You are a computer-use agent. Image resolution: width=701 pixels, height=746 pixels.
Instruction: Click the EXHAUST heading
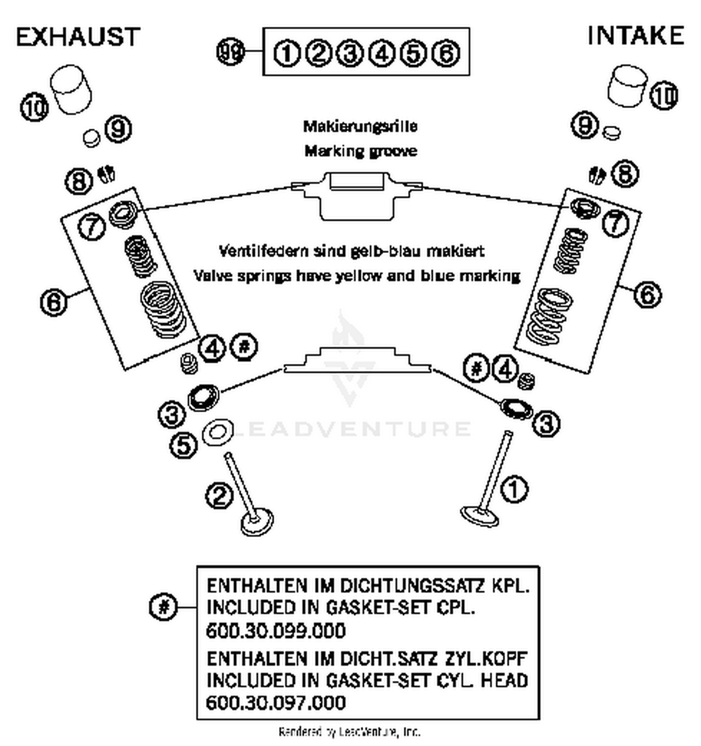[x=78, y=37]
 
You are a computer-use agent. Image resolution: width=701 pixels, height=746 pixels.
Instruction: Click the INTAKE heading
[x=635, y=36]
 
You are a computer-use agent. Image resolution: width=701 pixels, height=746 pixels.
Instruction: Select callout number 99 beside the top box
[x=230, y=51]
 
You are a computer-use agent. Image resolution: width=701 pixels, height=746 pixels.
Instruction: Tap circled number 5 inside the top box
[x=413, y=53]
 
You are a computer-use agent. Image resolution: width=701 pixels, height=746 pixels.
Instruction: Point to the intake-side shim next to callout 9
[x=611, y=132]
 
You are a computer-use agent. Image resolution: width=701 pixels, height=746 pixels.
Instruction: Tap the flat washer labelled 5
[x=217, y=432]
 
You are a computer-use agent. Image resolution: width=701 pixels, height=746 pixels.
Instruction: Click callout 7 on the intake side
[x=616, y=223]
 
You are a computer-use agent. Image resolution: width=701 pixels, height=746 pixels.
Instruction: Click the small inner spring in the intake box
[x=570, y=251]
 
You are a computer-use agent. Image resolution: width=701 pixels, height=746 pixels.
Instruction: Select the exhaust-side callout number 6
[x=54, y=302]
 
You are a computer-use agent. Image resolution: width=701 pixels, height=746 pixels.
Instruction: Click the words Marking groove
[x=361, y=151]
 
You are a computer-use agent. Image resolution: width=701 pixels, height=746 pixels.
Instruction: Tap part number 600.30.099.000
[x=276, y=631]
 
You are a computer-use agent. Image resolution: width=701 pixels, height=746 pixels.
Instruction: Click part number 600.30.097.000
[x=276, y=703]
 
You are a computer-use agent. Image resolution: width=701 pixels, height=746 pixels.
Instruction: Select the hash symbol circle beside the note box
[x=164, y=607]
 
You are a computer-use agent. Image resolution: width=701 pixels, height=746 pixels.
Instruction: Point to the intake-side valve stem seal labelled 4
[x=528, y=381]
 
